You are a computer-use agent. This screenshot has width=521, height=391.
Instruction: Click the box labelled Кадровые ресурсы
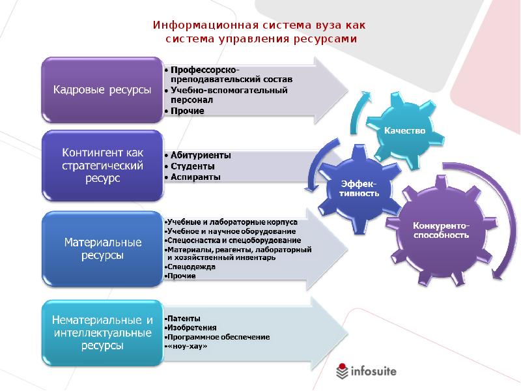pos(102,90)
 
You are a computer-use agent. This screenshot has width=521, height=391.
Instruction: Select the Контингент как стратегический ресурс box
pos(102,166)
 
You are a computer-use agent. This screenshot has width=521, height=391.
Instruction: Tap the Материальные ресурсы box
pos(102,248)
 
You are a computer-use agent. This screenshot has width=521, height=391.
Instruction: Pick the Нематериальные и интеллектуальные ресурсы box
pos(102,333)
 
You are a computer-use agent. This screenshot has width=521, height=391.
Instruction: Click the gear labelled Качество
pos(404,130)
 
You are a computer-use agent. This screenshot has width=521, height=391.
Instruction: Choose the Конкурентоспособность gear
pos(442,230)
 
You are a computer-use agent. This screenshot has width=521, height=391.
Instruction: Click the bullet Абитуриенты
pos(197,155)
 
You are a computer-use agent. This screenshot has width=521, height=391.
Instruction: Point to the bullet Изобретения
pos(191,327)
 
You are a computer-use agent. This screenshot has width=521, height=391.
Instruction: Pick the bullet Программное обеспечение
pos(218,337)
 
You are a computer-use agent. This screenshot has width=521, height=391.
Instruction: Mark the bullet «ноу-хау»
pos(188,347)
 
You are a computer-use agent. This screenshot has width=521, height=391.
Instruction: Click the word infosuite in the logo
pos(373,371)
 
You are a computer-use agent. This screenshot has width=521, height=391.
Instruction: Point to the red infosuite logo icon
pos(343,371)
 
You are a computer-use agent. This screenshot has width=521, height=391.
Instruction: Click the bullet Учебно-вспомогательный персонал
pos(224,95)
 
